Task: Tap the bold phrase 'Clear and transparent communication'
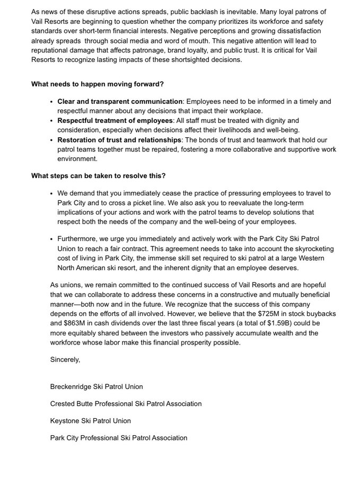pos(119,101)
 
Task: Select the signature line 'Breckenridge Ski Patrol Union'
pos(96,386)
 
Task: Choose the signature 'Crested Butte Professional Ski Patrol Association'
pos(126,403)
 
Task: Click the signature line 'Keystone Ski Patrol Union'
pos(91,420)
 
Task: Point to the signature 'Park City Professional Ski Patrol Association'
pos(119,437)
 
